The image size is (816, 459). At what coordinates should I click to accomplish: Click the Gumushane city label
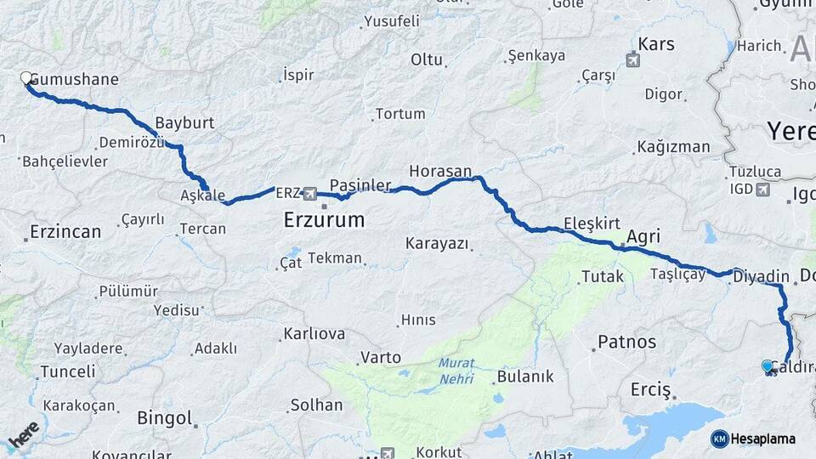(74, 79)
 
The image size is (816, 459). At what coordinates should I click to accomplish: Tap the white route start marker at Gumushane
(26, 78)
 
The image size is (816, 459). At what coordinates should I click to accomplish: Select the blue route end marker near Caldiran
(768, 366)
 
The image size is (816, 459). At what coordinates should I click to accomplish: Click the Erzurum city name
(324, 220)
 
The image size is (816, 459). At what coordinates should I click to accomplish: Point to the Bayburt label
(184, 122)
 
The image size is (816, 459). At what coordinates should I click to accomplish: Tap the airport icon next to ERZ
(309, 193)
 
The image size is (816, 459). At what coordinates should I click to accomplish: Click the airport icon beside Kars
(633, 59)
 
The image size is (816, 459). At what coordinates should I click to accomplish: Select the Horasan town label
(439, 171)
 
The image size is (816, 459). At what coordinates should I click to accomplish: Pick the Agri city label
(643, 236)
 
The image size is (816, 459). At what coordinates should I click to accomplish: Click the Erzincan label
(65, 231)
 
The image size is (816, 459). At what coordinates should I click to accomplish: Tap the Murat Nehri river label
(456, 371)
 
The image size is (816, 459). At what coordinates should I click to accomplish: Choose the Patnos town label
(627, 342)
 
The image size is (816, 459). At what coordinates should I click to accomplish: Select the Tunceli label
(68, 371)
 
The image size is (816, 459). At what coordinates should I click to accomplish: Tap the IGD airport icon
(762, 189)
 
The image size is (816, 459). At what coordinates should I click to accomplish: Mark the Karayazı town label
(437, 244)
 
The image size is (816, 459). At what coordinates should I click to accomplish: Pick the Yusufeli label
(392, 21)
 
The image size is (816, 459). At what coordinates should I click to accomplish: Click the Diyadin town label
(762, 276)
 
